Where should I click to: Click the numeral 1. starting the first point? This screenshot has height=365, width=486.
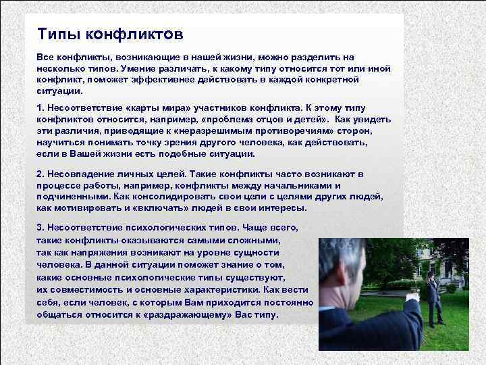[40, 108]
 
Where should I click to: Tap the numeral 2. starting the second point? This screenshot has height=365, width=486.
[40, 174]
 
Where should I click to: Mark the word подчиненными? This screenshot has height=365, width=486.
[74, 196]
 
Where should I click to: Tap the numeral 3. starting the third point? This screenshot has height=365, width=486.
[40, 228]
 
